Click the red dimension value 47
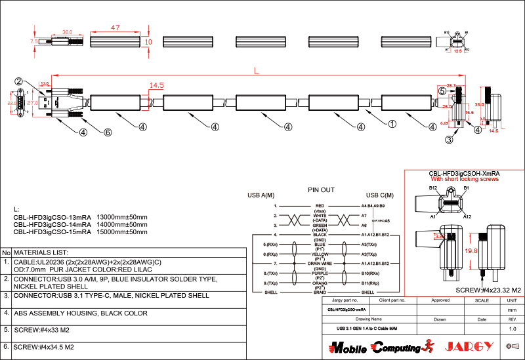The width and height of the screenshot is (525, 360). pyautogui.click(x=115, y=28)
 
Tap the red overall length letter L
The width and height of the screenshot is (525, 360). pyautogui.click(x=256, y=71)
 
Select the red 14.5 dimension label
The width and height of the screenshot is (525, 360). pyautogui.click(x=156, y=85)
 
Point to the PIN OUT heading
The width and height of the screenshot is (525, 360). pyautogui.click(x=322, y=190)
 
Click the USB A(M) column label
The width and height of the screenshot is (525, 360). pyautogui.click(x=261, y=195)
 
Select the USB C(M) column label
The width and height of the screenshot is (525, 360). pyautogui.click(x=379, y=195)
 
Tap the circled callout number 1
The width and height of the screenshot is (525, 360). pyautogui.click(x=392, y=123)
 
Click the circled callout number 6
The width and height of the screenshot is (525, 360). pyautogui.click(x=108, y=132)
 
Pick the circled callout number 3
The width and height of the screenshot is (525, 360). pyautogui.click(x=449, y=139)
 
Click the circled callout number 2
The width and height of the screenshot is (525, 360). pyautogui.click(x=20, y=81)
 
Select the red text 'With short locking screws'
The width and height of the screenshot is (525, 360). pyautogui.click(x=464, y=179)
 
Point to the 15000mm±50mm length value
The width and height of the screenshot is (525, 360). pyautogui.click(x=122, y=231)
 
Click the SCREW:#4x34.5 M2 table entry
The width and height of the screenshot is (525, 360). pyautogui.click(x=44, y=346)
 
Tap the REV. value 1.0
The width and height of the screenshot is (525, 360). pyautogui.click(x=513, y=329)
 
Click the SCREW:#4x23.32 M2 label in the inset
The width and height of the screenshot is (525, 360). pyautogui.click(x=488, y=289)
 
